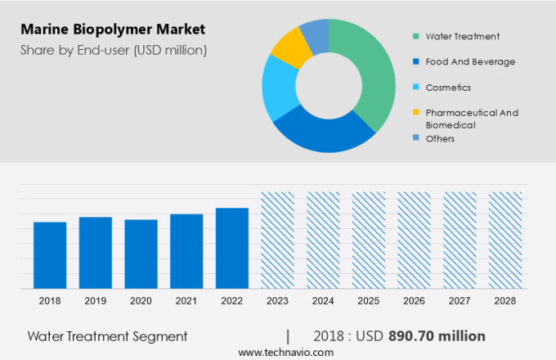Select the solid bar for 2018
[50, 254]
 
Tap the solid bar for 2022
[231, 247]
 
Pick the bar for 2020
[141, 254]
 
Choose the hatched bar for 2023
[277, 240]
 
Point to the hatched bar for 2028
[504, 240]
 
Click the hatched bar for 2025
[368, 240]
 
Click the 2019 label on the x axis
[95, 301]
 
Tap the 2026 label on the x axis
[414, 301]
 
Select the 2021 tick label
[186, 301]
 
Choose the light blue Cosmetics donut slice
[277, 87]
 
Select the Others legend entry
[440, 138]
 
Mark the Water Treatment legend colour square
[416, 36]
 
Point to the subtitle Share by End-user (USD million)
[114, 50]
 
